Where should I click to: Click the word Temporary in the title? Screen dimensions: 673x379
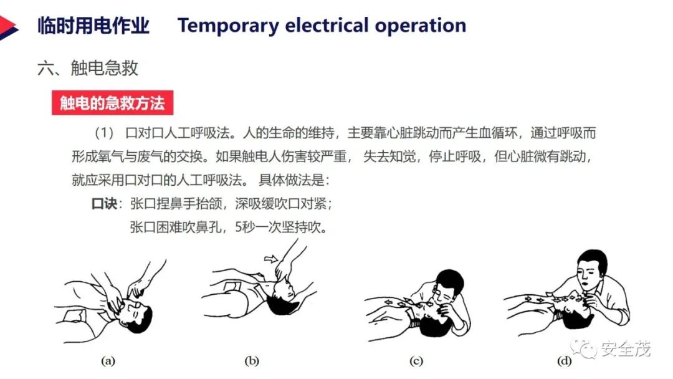228,26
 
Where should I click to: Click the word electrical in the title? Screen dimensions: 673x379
327,25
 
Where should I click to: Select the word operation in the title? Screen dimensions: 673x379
421,26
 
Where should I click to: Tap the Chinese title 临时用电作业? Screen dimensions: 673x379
93,26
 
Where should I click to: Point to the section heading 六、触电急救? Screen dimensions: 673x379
88,68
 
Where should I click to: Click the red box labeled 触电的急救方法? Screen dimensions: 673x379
112,103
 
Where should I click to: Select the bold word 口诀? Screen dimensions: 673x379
104,203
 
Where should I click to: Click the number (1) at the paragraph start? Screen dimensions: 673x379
104,133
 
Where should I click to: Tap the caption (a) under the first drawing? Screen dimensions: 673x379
108,360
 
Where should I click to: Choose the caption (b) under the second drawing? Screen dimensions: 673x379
252,360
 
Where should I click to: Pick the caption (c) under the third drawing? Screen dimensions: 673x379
416,361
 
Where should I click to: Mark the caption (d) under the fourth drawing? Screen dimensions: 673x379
564,361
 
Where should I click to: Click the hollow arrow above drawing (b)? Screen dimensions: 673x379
271,259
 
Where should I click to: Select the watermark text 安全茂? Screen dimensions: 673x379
626,348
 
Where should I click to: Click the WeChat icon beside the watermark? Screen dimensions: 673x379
583,348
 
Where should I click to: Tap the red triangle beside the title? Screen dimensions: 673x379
8,27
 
